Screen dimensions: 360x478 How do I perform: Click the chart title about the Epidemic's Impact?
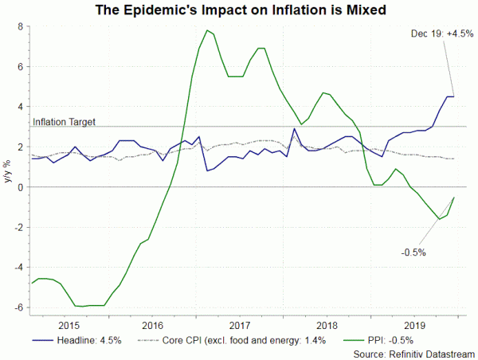239,10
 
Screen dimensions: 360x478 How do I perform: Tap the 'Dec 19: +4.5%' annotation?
440,33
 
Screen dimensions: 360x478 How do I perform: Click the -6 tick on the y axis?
18,307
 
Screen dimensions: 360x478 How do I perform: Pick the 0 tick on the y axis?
21,187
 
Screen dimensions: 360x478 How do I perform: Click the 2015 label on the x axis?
69,325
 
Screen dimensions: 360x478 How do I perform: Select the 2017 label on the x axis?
241,325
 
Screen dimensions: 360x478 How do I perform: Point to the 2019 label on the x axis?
413,325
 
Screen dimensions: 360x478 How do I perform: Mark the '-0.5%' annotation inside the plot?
413,252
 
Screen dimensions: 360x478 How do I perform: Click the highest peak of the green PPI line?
207,30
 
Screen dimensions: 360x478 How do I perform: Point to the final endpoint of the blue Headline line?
454,96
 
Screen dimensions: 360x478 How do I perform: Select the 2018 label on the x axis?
327,325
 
